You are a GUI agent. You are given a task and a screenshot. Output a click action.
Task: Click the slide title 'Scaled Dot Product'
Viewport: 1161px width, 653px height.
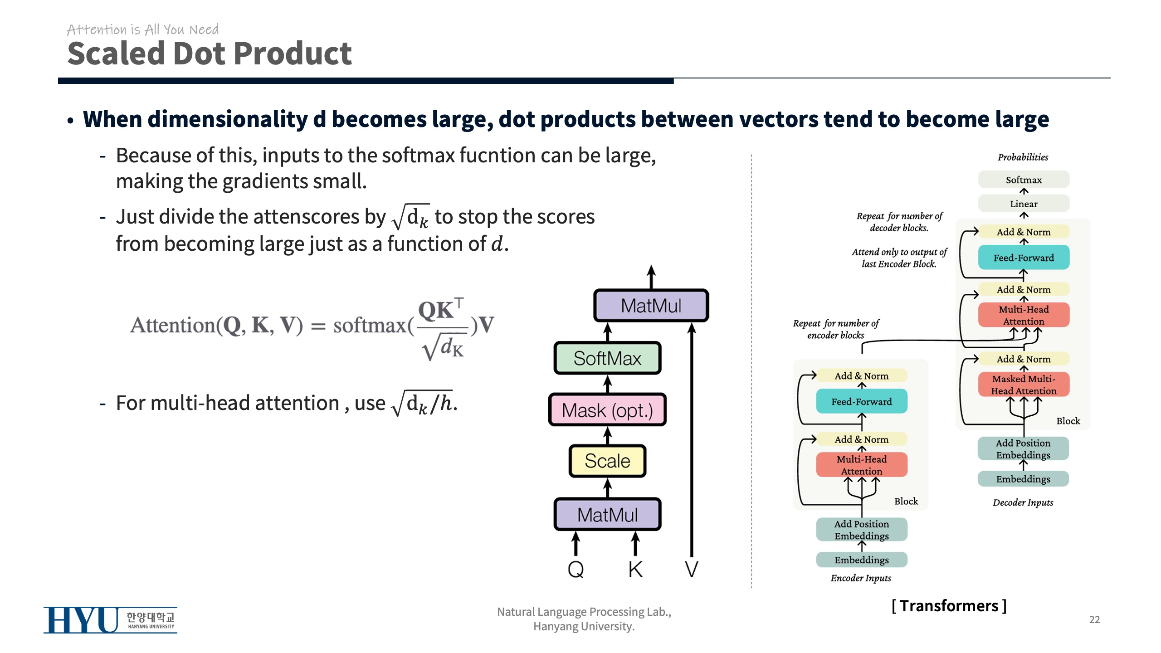pos(209,54)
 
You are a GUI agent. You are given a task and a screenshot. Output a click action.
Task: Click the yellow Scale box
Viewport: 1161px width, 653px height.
pos(607,461)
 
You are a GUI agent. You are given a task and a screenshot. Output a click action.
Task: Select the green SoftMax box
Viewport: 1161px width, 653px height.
pos(607,358)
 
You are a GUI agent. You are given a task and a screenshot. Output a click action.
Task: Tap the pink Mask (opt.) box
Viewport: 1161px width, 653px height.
pos(607,410)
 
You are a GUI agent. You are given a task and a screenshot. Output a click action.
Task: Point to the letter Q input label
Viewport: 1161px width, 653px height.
pos(576,569)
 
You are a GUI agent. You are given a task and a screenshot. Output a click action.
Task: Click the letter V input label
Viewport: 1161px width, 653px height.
pos(691,569)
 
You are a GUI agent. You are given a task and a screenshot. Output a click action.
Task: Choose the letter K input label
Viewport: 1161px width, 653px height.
pos(635,569)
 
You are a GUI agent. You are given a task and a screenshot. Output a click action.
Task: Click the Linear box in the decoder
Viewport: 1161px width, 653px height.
pos(1024,204)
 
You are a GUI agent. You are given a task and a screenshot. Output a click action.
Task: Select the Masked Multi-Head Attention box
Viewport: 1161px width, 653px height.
pos(1024,385)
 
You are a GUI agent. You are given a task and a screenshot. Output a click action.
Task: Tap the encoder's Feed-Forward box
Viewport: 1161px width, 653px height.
pos(862,401)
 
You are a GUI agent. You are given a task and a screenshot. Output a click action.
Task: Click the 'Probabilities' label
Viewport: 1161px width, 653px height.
pos(1023,157)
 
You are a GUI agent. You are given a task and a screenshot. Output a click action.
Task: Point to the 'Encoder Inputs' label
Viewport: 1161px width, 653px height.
pos(861,578)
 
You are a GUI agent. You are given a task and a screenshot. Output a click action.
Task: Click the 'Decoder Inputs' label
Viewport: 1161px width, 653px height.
pos(1023,502)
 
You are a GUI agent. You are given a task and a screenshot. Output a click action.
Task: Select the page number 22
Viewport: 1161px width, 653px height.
pos(1094,619)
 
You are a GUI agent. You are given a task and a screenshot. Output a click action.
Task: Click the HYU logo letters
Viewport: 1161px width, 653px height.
pos(81,620)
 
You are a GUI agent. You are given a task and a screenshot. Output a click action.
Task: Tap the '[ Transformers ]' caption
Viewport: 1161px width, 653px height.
pos(949,606)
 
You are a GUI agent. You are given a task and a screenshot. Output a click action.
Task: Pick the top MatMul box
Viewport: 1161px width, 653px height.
pos(651,306)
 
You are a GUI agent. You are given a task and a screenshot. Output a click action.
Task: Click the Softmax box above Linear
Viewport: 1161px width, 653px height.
pos(1024,180)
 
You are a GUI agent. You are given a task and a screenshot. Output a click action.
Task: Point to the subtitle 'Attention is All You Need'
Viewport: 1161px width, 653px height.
pos(142,30)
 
